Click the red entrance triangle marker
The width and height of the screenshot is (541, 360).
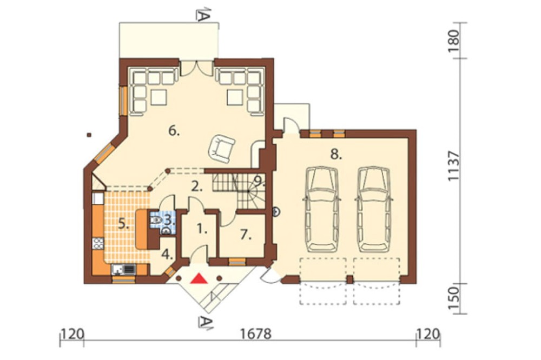(x=200, y=278)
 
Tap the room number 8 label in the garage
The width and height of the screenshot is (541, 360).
(x=336, y=155)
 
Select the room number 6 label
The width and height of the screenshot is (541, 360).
(x=174, y=131)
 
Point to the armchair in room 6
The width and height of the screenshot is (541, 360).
(x=221, y=148)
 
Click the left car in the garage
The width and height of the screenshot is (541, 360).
(x=321, y=209)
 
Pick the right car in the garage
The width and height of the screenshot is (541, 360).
(x=374, y=209)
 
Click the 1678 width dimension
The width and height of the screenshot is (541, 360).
(x=256, y=334)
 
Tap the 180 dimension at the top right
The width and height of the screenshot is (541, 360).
(x=455, y=41)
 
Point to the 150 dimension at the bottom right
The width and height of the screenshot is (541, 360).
(x=455, y=298)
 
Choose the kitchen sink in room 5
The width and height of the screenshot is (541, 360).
(x=124, y=269)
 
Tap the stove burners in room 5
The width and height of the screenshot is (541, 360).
(x=98, y=244)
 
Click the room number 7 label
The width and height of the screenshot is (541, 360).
(x=245, y=235)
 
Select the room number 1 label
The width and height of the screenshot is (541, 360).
(x=202, y=229)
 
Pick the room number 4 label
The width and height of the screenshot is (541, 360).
(x=167, y=255)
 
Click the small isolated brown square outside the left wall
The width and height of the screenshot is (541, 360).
(x=89, y=135)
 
